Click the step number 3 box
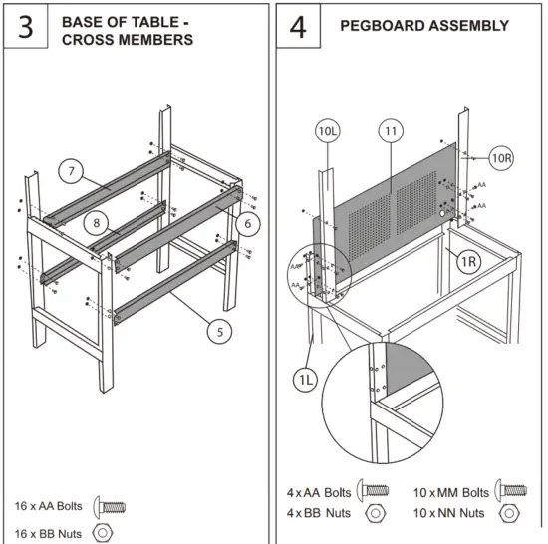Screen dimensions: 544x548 [26, 27]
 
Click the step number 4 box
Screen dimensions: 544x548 [298, 27]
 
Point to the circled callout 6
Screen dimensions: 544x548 [248, 222]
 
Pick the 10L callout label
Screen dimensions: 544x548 [329, 131]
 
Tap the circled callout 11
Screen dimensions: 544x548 [390, 131]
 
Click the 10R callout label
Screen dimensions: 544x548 [502, 157]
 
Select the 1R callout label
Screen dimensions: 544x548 [469, 261]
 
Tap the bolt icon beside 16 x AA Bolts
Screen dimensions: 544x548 [109, 506]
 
